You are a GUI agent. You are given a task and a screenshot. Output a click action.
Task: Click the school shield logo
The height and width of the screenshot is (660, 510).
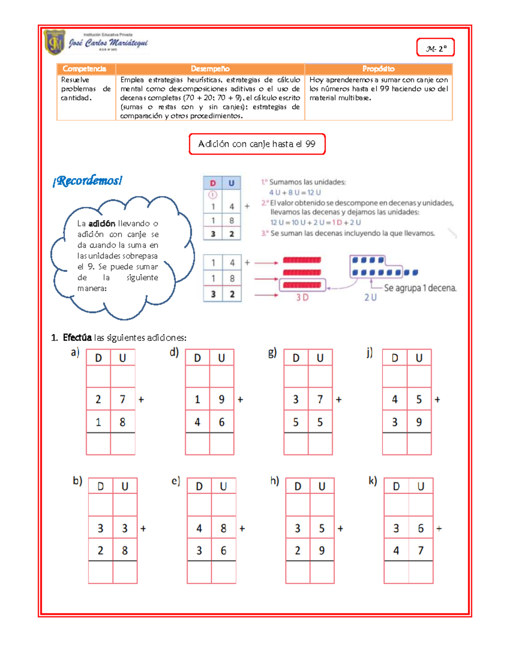(x=55, y=42)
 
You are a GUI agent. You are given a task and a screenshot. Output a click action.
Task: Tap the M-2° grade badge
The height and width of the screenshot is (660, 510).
(x=436, y=48)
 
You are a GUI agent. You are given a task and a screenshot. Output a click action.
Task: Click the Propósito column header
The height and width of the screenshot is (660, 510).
(x=378, y=69)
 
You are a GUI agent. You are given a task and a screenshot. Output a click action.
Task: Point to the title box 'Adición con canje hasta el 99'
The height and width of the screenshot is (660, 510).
(x=257, y=144)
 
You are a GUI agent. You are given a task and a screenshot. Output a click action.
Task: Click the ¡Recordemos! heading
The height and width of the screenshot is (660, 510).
(x=88, y=181)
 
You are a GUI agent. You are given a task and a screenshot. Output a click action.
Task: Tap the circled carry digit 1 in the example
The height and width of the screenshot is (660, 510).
(x=213, y=195)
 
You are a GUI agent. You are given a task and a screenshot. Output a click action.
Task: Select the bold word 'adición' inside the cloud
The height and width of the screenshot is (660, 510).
(x=102, y=224)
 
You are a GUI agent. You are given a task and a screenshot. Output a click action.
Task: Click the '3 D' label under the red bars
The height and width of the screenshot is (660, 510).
(x=302, y=297)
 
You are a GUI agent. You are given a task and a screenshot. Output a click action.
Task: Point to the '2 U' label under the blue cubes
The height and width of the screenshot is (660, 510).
(x=370, y=297)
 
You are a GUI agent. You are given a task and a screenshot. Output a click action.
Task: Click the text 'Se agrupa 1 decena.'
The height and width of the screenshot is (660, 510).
(x=420, y=288)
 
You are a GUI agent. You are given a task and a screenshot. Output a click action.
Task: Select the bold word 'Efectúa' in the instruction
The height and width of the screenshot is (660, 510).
(x=77, y=338)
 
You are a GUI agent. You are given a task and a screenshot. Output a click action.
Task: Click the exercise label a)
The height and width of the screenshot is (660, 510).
(x=75, y=352)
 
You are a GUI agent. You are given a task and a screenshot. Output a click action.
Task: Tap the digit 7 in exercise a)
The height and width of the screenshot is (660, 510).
(x=122, y=399)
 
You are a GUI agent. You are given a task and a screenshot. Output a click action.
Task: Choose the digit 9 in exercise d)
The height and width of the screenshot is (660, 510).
(x=221, y=399)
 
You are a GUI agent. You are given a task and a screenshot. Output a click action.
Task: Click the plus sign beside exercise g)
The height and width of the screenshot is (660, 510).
(x=339, y=399)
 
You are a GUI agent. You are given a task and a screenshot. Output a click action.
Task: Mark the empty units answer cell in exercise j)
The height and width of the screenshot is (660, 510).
(x=419, y=444)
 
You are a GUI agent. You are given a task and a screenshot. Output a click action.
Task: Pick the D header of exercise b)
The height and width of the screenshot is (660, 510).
(x=101, y=486)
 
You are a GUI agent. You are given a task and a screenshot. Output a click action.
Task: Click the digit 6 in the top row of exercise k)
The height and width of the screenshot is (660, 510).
(x=421, y=528)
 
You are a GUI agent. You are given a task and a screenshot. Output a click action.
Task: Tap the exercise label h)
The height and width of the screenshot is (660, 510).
(x=275, y=481)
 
